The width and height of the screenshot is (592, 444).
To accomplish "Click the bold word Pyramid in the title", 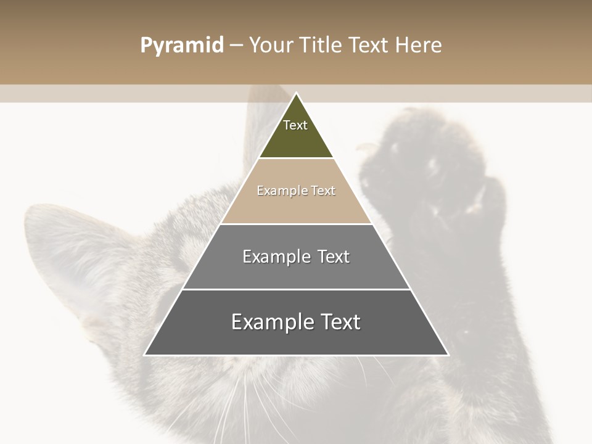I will coord(181,46).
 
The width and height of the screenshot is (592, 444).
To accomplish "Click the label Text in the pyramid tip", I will coord(295,125).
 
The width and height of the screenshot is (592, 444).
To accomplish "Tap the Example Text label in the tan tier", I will coord(296,191).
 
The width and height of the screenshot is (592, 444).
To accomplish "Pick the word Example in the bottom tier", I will coord(269,322).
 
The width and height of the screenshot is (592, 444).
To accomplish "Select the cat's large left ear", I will coord(68,259).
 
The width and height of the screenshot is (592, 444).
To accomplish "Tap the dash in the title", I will coord(236,46).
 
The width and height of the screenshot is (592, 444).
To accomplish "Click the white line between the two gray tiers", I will coord(296,289).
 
